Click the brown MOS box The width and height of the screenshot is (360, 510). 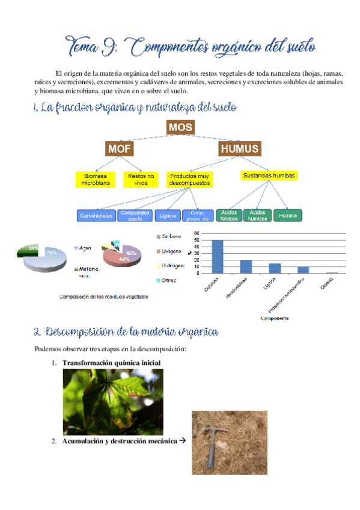point(180,127)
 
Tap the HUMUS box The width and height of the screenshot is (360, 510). point(239,149)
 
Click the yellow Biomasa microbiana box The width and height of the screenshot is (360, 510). point(95,179)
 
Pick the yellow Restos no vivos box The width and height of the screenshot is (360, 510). point(141,179)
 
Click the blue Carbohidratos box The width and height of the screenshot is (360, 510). point(96,215)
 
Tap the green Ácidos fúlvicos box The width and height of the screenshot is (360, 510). point(228,215)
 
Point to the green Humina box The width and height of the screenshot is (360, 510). point(288,215)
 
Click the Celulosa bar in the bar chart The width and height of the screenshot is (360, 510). point(217,257)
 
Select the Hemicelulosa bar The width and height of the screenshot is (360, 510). point(246,266)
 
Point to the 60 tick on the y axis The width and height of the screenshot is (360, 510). point(197,233)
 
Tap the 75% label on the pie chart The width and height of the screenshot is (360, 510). point(52,253)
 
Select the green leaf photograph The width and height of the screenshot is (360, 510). point(113,401)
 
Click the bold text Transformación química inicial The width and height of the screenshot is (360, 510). point(111,363)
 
